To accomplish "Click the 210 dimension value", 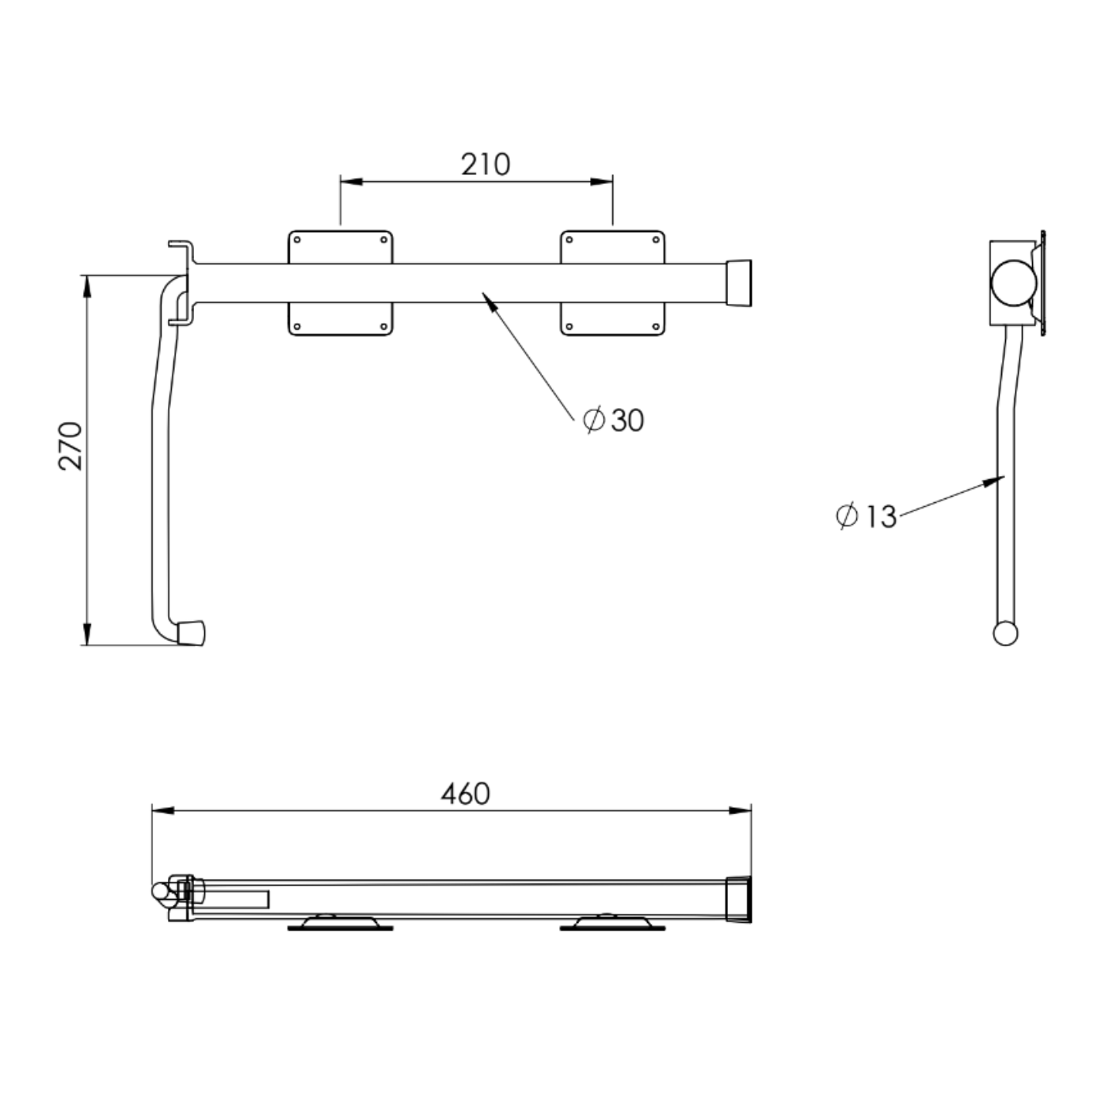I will coord(485,165).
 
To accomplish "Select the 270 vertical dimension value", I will coord(70,446).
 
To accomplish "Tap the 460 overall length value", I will coord(465,794).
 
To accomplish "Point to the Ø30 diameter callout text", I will coord(614,420).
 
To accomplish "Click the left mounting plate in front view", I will coord(340,246).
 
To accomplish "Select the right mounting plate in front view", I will coord(612,246).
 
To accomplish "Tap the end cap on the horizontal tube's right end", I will coord(740,282).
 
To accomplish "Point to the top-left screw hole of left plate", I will coord(297,239).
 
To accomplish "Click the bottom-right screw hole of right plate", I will coord(657,326).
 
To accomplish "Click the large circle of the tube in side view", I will coord(1013,282).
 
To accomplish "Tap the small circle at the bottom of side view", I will coord(1005,634).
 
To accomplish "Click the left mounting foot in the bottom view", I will coord(340,923).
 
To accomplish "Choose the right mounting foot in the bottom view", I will coord(612,923).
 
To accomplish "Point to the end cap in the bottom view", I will coord(738,899).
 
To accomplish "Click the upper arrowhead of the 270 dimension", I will coord(86,286).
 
